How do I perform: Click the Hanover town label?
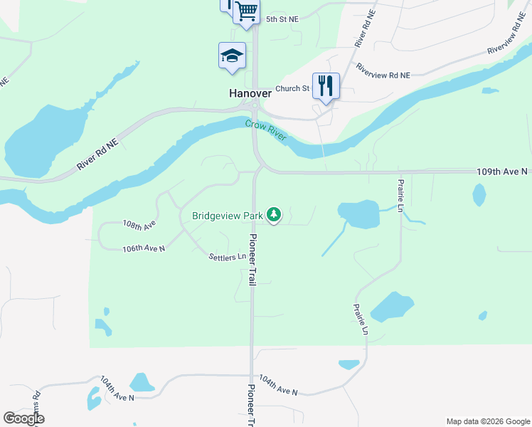coord(250,93)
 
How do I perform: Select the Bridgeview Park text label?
coord(227,215)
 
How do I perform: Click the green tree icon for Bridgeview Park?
coord(274,215)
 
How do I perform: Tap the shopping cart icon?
coord(246,11)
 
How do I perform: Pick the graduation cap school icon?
coord(232,55)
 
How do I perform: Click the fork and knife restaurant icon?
coord(326,85)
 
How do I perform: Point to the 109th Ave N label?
coord(502,172)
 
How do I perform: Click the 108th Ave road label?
coord(139,224)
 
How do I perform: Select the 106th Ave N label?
coord(144,248)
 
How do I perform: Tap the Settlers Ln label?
coord(228,256)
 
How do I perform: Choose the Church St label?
coord(292,89)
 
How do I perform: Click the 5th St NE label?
coord(282,19)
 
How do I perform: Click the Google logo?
coord(23,418)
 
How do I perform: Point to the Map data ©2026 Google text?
coord(487,421)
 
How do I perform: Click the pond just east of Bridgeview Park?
coord(359,214)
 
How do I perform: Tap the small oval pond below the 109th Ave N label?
coord(479,194)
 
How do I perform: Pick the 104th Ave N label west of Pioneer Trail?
coord(117,389)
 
